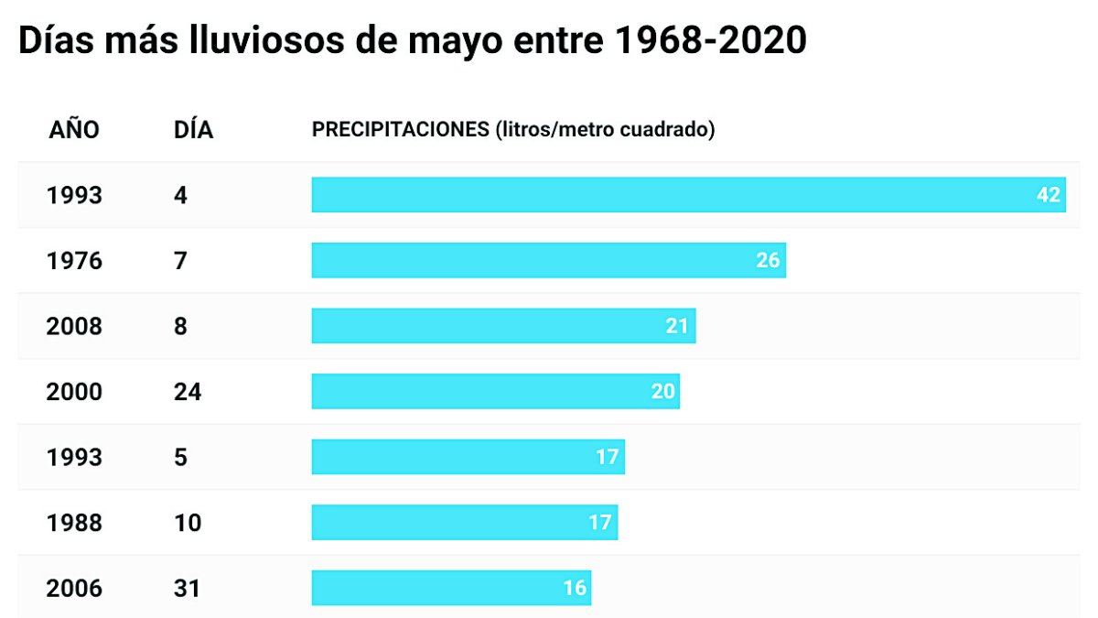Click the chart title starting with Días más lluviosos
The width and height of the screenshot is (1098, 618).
[412, 41]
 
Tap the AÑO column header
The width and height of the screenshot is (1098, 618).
[73, 130]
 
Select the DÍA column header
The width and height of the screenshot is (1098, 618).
[193, 130]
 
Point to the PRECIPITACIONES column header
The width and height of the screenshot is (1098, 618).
[513, 130]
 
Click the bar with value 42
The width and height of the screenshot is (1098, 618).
[688, 195]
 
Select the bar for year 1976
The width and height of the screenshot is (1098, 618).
[548, 261]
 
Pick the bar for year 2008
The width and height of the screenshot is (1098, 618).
[503, 326]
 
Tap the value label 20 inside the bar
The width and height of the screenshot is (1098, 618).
[662, 392]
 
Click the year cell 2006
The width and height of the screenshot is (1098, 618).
[74, 589]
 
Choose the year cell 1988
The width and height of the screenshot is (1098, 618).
[74, 523]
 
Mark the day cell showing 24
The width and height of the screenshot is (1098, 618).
[188, 392]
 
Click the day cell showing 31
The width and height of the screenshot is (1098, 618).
[187, 589]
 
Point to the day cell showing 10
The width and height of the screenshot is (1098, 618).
[187, 523]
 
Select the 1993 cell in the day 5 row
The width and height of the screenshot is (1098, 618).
[74, 457]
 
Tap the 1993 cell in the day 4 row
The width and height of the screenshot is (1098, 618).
[74, 195]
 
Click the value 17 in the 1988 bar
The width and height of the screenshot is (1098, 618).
[599, 523]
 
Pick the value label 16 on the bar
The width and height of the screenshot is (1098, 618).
[574, 589]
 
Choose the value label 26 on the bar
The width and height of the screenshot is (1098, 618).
[768, 261]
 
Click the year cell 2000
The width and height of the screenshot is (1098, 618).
[74, 392]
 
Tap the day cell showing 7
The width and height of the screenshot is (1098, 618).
[180, 261]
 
